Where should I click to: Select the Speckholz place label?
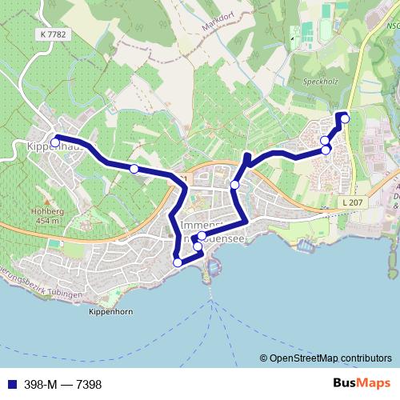318,80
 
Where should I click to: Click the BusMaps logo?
362,384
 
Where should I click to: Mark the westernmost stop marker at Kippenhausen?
55,143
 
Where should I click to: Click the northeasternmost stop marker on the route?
346,119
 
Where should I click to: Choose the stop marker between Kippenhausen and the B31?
134,168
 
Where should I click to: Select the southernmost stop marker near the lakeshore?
178,262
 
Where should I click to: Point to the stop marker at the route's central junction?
234,185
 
